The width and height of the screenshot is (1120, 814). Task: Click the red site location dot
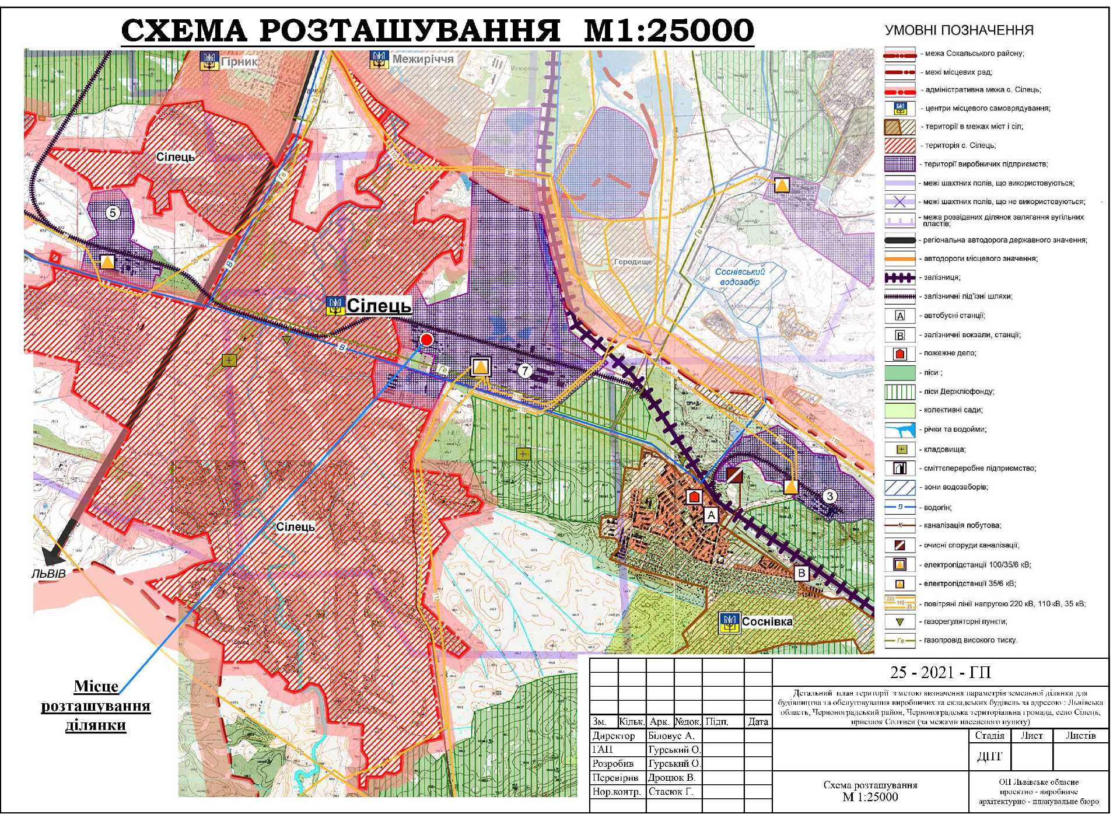click(426, 340)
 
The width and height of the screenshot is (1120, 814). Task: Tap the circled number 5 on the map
click(113, 212)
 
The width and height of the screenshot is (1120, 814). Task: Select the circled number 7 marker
click(525, 371)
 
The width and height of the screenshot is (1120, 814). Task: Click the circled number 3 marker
click(829, 497)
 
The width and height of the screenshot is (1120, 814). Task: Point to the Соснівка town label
click(766, 621)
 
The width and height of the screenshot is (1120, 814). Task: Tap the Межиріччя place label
click(422, 59)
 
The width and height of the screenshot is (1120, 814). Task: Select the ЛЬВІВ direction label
click(48, 573)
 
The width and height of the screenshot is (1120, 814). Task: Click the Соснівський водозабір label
click(740, 277)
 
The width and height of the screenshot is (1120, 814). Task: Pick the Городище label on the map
click(633, 262)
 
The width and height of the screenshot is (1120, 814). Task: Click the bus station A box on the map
click(710, 515)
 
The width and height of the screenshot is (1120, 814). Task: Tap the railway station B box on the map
click(801, 573)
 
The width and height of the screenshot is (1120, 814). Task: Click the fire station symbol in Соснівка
click(693, 497)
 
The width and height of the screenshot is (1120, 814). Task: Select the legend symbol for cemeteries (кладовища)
click(901, 449)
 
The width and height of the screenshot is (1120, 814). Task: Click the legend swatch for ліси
click(900, 372)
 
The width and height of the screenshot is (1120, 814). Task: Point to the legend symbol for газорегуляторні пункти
click(900, 622)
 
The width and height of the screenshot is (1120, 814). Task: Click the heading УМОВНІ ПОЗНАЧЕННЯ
click(958, 30)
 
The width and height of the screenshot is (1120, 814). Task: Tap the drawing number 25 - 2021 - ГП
click(940, 673)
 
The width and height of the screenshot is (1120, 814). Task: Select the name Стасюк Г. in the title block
click(670, 792)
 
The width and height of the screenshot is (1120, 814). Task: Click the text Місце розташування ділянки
click(96, 705)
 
